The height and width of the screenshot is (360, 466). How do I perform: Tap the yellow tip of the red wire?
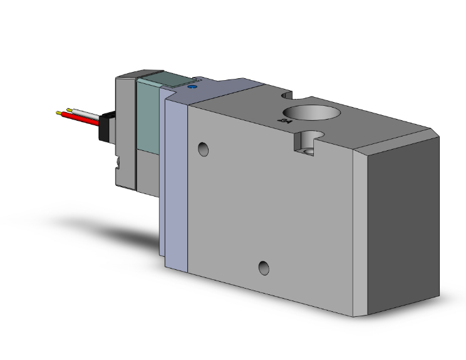(x=60, y=114)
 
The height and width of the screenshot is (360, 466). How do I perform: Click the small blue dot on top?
(x=192, y=90)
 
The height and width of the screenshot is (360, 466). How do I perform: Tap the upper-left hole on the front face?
(x=202, y=149)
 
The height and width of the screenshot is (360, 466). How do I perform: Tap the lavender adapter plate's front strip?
(x=177, y=182)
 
